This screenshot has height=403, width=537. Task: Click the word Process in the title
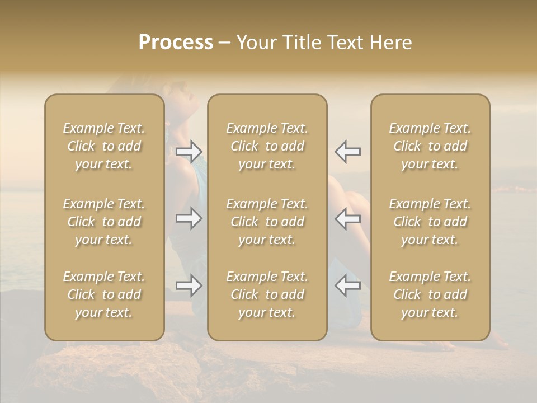(176, 43)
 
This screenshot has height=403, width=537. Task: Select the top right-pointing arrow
(189, 151)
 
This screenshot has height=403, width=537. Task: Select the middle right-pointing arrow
(189, 218)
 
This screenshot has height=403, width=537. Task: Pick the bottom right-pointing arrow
(189, 285)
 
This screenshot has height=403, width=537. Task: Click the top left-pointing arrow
(347, 151)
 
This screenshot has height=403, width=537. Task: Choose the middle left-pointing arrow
(347, 218)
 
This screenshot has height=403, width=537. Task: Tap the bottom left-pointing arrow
(347, 285)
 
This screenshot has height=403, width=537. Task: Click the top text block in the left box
(104, 146)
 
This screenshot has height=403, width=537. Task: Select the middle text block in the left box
(104, 222)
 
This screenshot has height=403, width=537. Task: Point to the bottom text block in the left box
(104, 294)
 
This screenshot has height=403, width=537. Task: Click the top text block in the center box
(267, 146)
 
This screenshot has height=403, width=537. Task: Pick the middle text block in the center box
(267, 222)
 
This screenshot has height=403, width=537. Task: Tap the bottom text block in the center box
(267, 294)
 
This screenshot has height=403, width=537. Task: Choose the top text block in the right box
(430, 146)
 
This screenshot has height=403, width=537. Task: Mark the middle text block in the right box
(430, 222)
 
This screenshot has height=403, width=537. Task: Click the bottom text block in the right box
(430, 294)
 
